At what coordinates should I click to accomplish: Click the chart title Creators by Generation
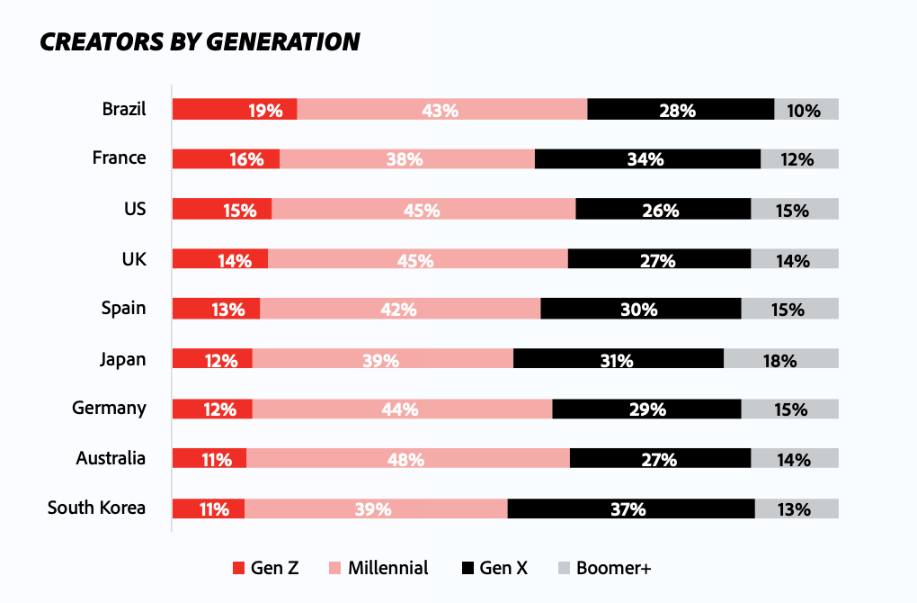coord(200,41)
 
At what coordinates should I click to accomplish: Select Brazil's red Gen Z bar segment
coord(234,110)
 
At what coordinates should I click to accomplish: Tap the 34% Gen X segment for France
coord(647,159)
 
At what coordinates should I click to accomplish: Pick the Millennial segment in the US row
coord(423,210)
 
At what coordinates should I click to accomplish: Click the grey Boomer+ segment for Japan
coord(780,359)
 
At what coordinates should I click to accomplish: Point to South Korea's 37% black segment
coord(630,508)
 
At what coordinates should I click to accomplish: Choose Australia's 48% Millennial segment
coord(407,459)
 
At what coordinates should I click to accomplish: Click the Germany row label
coord(109,408)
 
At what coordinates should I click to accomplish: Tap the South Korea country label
coord(96,508)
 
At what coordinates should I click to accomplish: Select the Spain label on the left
coord(123,308)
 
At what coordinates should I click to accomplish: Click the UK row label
coord(134,258)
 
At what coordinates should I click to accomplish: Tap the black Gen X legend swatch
coord(467,568)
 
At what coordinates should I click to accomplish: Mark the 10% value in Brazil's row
coord(803,111)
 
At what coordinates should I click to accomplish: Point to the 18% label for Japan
coord(779,360)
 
